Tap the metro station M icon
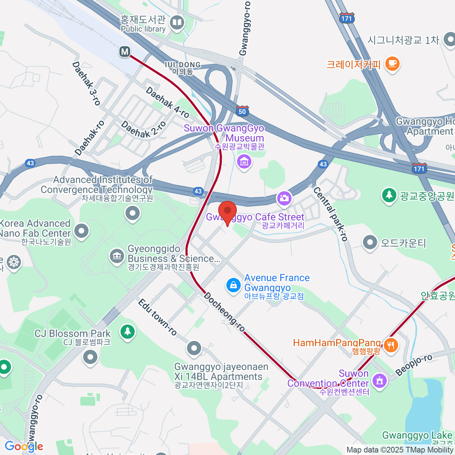(125, 52)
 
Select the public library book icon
(177, 23)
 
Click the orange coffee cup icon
(392, 63)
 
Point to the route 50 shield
(242, 111)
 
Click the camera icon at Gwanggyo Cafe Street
(284, 198)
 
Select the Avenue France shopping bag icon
(233, 285)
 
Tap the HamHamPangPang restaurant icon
(391, 345)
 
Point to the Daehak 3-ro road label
(86, 84)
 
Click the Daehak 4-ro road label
(167, 102)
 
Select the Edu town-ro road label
(157, 317)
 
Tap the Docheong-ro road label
(224, 312)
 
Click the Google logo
(24, 446)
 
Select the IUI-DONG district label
(183, 68)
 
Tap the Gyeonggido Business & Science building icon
(117, 256)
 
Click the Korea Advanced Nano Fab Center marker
(82, 230)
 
